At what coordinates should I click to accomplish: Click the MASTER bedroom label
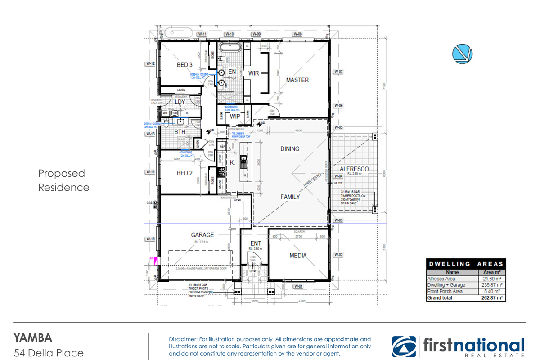click(x=297, y=80)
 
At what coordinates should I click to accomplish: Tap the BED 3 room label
click(x=185, y=65)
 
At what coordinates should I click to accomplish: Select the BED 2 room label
click(x=185, y=173)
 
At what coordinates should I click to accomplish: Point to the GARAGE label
click(x=202, y=234)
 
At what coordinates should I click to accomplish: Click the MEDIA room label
click(x=298, y=256)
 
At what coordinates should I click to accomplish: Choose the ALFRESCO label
click(x=357, y=169)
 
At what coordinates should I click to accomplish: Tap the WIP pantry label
click(x=235, y=116)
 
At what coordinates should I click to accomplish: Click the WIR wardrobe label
click(x=253, y=73)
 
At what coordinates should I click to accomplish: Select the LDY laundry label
click(x=180, y=102)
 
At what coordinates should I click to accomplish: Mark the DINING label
click(x=290, y=149)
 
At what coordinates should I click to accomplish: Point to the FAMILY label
click(x=290, y=197)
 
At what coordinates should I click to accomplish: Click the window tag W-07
click(x=338, y=72)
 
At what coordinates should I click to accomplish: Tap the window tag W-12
click(x=150, y=64)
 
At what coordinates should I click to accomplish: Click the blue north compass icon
click(x=462, y=53)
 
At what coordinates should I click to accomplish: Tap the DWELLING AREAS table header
click(x=466, y=264)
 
